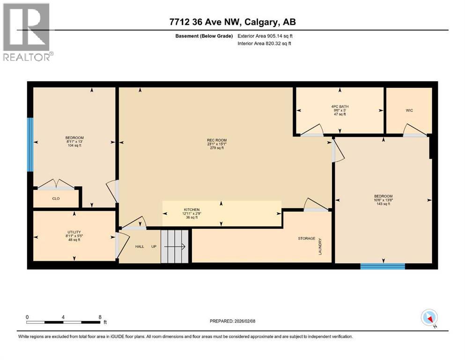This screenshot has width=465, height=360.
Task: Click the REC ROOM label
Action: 217,140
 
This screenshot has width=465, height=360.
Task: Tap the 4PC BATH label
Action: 340,106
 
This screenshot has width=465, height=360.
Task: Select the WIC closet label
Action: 409,110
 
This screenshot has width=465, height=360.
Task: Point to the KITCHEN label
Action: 192,210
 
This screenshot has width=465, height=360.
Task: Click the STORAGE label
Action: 307,239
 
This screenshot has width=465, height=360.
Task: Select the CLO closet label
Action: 56,198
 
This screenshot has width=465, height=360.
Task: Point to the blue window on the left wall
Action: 30,144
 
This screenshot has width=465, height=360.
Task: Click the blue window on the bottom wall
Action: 383,266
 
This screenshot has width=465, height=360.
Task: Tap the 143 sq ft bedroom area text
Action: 383,204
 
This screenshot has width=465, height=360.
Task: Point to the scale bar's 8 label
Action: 100,317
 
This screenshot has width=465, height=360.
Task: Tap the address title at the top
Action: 232,22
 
